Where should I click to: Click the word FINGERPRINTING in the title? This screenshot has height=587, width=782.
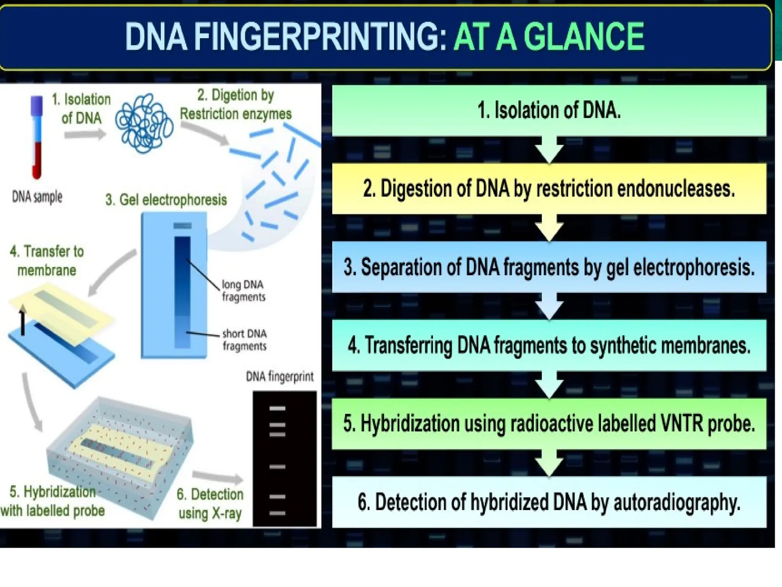320,37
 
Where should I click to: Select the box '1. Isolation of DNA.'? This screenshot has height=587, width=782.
549,110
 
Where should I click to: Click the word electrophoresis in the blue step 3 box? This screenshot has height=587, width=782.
694,267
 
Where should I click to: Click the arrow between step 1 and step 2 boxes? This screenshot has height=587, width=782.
549,151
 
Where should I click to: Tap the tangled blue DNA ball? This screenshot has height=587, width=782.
144,123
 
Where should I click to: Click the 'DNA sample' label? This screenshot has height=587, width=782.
37,197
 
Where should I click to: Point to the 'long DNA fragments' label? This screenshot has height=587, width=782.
243,291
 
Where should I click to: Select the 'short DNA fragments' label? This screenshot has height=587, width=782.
244,340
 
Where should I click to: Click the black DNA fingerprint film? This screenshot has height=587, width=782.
284,459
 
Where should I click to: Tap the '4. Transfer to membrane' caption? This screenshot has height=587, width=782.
47,261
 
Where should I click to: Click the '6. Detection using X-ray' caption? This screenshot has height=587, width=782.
210,504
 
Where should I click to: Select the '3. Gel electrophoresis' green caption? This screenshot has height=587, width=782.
166,200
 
